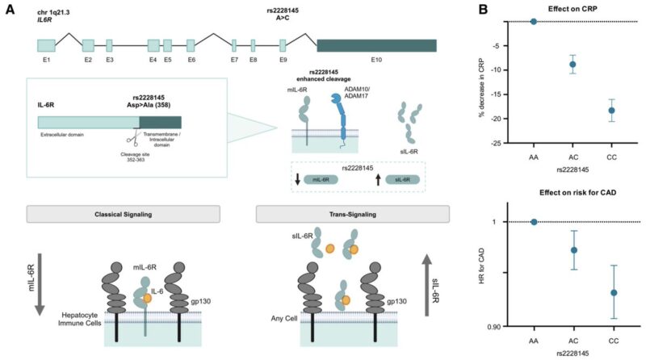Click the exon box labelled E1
point(46,45)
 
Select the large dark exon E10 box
point(376,45)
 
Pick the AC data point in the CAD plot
point(573,250)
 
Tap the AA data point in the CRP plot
point(534,21)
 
